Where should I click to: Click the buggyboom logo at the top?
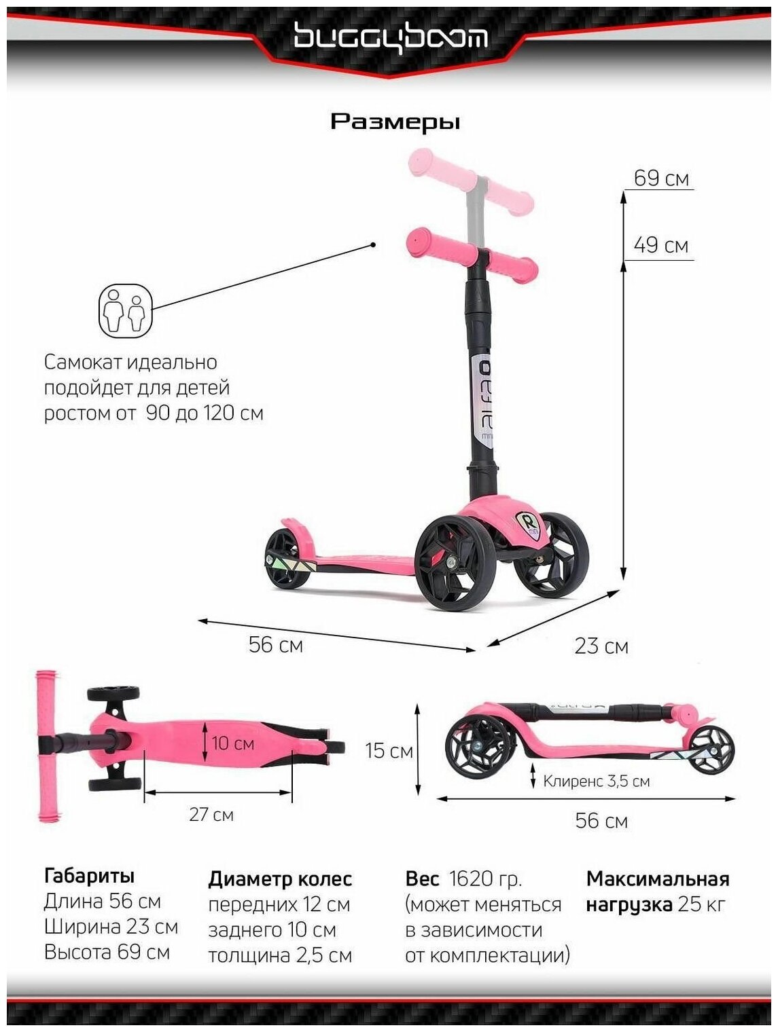390,37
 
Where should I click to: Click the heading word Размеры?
395,122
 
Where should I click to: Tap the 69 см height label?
660,179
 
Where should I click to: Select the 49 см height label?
660,245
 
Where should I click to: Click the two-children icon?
126,311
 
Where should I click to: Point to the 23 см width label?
601,646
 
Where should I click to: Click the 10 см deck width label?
233,743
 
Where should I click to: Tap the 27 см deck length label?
211,814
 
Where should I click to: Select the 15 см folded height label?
389,751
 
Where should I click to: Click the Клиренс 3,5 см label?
596,781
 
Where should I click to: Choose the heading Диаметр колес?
280,879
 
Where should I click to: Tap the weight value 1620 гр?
485,879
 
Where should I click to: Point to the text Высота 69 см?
107,952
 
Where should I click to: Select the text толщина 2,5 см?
280,956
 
